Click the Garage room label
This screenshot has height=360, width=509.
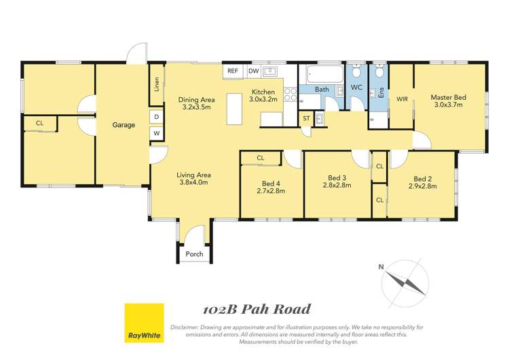tap(124, 125)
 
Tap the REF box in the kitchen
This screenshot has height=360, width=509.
tap(232, 71)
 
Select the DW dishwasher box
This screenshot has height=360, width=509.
tap(253, 71)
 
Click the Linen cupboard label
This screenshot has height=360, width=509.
tap(156, 85)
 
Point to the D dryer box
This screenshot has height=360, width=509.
tap(156, 117)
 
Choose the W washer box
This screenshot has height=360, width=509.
tap(156, 133)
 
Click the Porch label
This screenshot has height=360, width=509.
tap(194, 254)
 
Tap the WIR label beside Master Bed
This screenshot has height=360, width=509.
tap(401, 98)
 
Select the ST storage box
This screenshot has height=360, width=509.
tap(307, 119)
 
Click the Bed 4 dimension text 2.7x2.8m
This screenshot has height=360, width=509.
tap(272, 191)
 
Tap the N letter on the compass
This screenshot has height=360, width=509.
tap(381, 266)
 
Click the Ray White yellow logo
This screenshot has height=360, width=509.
tap(144, 323)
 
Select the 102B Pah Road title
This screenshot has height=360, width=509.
tap(257, 310)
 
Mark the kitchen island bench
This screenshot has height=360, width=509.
tap(234, 109)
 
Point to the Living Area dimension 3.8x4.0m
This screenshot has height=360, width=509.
tap(193, 182)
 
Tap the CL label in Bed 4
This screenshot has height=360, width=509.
tap(261, 158)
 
